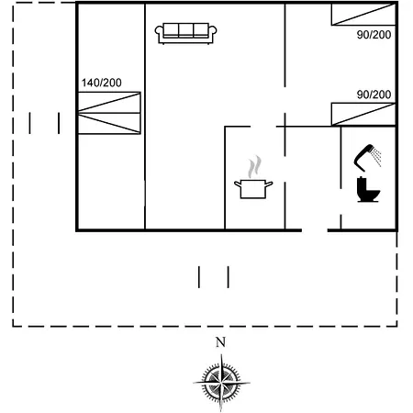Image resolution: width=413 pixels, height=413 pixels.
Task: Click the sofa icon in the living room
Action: click(x=185, y=33)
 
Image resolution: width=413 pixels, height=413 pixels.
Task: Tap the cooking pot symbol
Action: click(x=253, y=189)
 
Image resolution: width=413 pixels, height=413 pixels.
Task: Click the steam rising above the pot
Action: click(x=254, y=167)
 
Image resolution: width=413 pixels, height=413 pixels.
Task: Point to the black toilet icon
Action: click(x=368, y=190)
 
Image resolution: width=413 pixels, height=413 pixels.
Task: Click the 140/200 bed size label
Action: click(x=102, y=83)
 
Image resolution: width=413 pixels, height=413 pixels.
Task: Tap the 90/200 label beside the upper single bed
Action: click(x=374, y=35)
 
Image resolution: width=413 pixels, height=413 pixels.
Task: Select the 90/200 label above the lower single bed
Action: click(x=374, y=95)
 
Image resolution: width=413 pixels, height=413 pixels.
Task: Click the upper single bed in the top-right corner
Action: click(x=363, y=14)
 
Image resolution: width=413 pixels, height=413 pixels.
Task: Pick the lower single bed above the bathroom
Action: click(x=363, y=114)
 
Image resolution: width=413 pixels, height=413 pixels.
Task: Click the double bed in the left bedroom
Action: click(x=109, y=113)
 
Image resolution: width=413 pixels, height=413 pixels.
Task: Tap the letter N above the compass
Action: click(x=220, y=342)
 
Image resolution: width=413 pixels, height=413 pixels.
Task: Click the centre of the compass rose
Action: click(x=221, y=383)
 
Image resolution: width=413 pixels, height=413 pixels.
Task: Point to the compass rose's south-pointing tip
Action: click(x=221, y=411)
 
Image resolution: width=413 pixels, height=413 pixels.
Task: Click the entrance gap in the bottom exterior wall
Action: click(x=315, y=230)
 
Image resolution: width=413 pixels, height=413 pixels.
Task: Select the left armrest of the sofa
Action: click(x=159, y=34)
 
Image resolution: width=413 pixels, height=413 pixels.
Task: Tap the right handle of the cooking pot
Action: click(x=268, y=184)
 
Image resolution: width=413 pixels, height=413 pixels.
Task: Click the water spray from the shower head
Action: click(x=376, y=157)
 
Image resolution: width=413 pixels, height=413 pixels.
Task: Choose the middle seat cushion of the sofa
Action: click(x=185, y=30)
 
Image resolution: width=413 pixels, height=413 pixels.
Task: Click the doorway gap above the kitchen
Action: click(x=263, y=127)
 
